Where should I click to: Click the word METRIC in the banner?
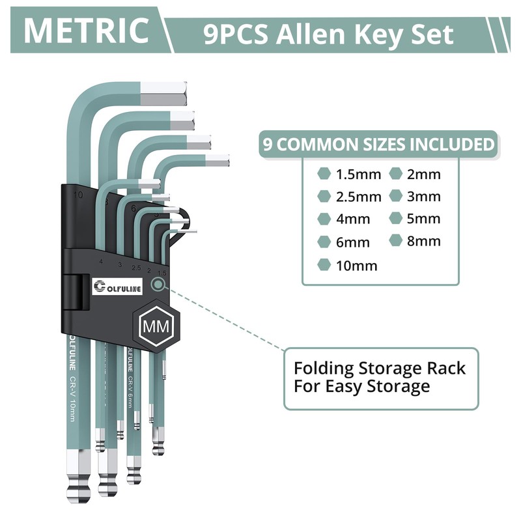86,31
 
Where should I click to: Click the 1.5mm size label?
358,175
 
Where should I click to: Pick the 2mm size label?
424,175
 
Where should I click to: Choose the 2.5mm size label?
358,197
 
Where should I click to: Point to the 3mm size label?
424,197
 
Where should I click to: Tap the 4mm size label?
353,219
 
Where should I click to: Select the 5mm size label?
424,219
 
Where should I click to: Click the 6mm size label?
353,242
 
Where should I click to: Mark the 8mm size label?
424,242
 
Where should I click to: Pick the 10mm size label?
356,265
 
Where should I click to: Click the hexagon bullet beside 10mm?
324,264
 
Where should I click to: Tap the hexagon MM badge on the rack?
155,326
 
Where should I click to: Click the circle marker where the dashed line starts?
157,284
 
